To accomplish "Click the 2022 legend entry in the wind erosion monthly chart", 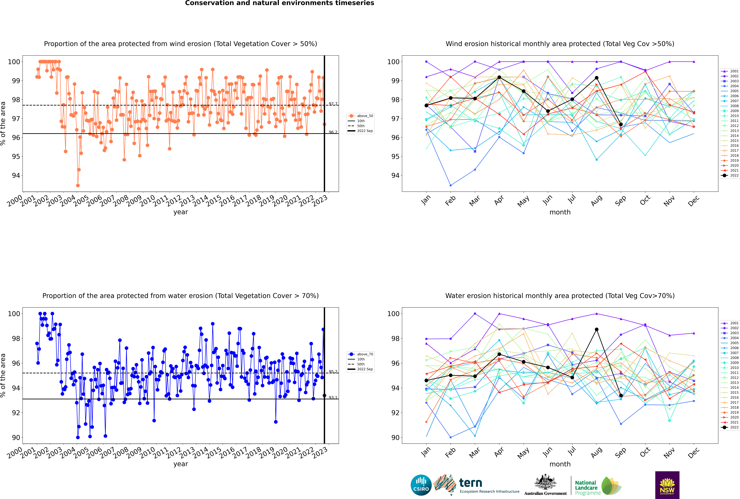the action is click(x=730, y=175).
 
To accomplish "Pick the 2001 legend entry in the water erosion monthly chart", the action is click(x=730, y=323).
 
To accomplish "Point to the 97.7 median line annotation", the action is click(x=333, y=104).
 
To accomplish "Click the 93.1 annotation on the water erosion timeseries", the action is click(x=333, y=398).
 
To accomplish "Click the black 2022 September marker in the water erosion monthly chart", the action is click(x=621, y=396).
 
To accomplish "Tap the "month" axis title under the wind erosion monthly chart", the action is click(x=560, y=212).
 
